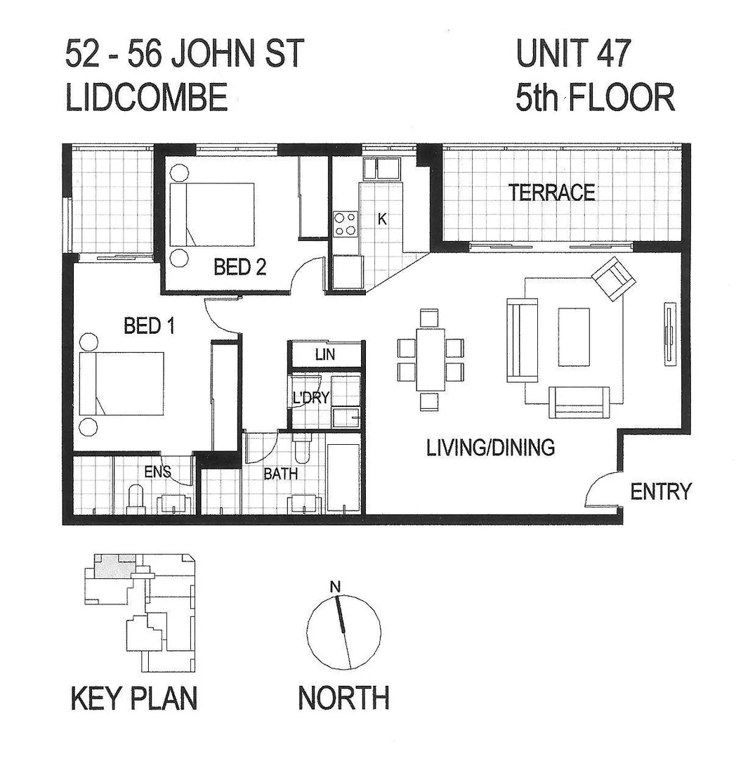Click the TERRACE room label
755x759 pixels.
[x=552, y=192]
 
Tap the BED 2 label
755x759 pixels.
[x=239, y=268]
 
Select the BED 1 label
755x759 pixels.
[x=149, y=326]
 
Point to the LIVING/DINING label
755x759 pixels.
[x=491, y=447]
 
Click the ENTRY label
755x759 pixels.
[x=660, y=491]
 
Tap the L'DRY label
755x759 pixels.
[x=310, y=398]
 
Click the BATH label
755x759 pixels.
[x=280, y=474]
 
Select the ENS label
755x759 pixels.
[x=158, y=472]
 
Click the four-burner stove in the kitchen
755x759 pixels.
[x=345, y=224]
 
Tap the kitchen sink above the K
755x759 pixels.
[x=380, y=169]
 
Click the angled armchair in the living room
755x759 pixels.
[x=615, y=278]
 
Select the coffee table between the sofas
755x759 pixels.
[x=573, y=337]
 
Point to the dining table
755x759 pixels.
[x=430, y=359]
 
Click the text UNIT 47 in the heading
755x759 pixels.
[x=574, y=55]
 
